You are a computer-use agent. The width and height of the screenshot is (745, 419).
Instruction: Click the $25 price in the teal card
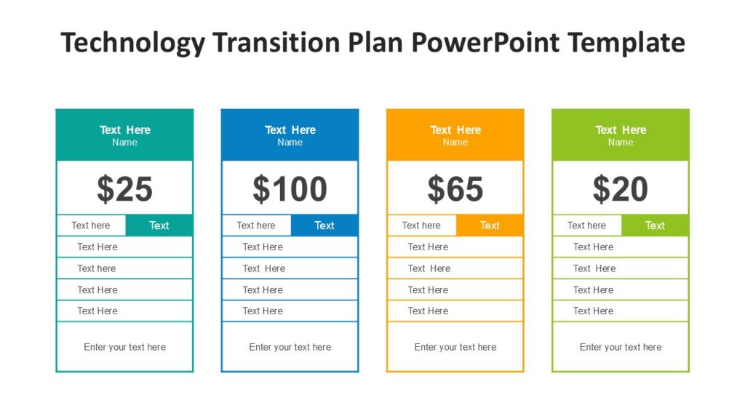124,189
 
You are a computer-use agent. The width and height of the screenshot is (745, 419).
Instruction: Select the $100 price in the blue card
290,189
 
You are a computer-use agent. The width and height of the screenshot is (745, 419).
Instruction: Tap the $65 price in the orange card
455,189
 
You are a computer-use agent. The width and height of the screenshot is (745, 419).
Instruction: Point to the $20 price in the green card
621,189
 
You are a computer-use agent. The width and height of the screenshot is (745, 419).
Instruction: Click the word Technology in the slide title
134,43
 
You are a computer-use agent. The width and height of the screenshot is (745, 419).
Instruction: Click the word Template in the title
626,43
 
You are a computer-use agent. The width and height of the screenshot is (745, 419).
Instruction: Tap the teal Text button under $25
159,226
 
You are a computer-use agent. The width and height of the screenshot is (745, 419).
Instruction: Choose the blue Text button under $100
324,226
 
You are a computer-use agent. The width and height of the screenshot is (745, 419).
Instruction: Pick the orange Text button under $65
490,226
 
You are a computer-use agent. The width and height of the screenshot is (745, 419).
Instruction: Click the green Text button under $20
655,226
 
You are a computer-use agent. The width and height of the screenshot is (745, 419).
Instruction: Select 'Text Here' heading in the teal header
124,130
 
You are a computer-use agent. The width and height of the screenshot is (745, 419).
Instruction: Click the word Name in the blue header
290,143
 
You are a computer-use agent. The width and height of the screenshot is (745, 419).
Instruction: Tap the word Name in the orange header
455,143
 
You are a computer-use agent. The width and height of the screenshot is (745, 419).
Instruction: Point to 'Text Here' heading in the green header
621,130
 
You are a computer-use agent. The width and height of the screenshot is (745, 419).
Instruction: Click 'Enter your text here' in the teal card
124,347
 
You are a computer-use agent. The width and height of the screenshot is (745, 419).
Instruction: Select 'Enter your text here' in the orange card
455,347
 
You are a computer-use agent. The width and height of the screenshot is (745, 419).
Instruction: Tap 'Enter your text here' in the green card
621,347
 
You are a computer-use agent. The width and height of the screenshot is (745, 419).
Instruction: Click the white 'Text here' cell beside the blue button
256,226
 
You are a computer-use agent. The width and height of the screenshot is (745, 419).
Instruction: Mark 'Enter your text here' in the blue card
290,347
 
